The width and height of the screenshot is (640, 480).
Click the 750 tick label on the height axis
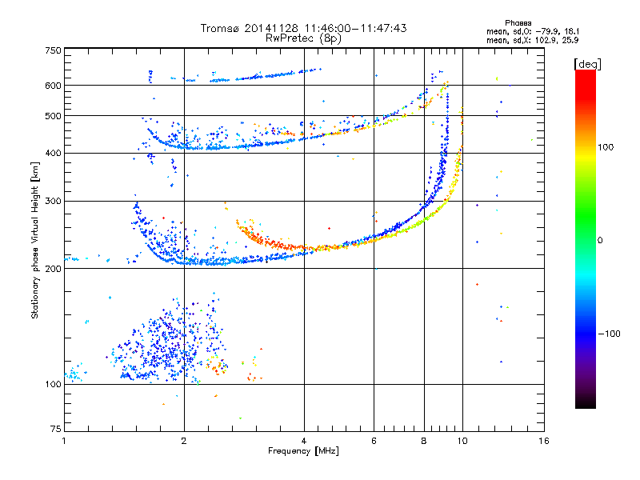pyautogui.click(x=52, y=50)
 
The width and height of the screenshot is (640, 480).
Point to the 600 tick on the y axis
pyautogui.click(x=52, y=86)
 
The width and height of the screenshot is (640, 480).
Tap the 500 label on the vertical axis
pyautogui.click(x=52, y=116)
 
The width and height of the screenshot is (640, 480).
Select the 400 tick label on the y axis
pyautogui.click(x=52, y=154)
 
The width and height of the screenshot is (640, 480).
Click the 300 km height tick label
pyautogui.click(x=52, y=202)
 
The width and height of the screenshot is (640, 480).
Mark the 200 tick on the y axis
pyautogui.click(x=52, y=269)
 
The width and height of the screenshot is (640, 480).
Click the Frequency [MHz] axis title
pyautogui.click(x=303, y=453)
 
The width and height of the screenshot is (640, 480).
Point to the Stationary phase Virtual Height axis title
pyautogui.click(x=35, y=240)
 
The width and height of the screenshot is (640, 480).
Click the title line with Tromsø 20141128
pyautogui.click(x=303, y=28)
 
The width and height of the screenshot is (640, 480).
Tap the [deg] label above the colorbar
pyautogui.click(x=588, y=63)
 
